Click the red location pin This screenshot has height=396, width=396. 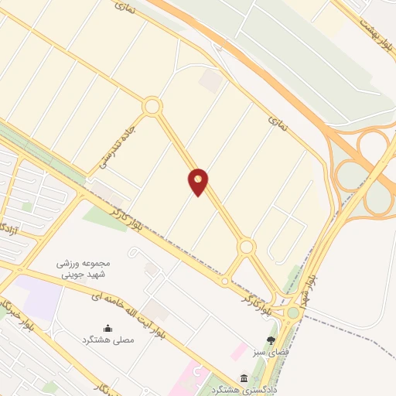[x=199, y=181]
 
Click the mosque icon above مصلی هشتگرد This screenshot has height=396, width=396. [x=107, y=329]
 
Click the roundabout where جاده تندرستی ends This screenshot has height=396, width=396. [x=152, y=106]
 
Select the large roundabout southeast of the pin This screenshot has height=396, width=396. [x=247, y=247]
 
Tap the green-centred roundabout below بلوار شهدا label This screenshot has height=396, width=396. [x=293, y=312]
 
